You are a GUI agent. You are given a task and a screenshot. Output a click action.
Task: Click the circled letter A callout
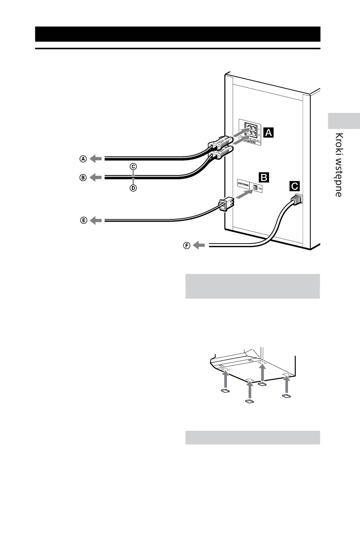83,159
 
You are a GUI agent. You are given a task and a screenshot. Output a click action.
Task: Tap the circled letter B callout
83,177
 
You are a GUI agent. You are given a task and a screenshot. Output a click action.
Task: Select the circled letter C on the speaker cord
133,166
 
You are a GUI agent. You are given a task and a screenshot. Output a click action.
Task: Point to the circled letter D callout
133,188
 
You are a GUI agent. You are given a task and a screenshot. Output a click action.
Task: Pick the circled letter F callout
186,246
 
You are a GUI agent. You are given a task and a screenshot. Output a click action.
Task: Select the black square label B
264,177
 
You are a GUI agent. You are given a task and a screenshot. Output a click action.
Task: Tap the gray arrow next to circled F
199,246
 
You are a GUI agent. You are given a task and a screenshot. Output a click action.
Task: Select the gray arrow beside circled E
96,220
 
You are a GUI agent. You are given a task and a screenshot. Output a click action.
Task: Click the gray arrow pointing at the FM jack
244,195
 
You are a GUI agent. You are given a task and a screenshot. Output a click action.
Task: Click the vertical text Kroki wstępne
339,165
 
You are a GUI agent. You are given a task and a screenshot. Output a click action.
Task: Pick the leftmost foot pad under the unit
225,391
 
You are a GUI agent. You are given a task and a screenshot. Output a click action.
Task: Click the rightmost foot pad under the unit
286,396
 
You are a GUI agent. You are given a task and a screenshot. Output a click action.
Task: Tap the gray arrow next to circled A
96,159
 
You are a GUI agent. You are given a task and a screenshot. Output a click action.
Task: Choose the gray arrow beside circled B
96,177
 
